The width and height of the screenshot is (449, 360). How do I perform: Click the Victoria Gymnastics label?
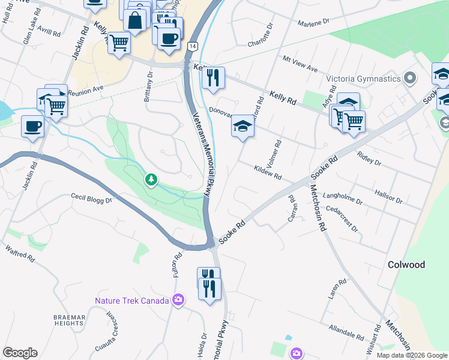(x=363, y=79)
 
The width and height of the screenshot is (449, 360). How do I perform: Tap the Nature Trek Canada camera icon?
(x=178, y=300)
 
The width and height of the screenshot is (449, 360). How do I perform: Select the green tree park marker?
(x=152, y=179)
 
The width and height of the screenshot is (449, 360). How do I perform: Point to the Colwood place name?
(x=406, y=265)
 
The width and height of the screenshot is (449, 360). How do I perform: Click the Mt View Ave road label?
(x=300, y=65)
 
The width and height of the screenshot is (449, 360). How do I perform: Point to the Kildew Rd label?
(x=268, y=173)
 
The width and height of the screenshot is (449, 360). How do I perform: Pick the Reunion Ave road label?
(x=86, y=90)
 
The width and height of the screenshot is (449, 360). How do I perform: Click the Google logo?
(x=20, y=353)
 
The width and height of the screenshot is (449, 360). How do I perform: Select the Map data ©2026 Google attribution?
(x=411, y=355)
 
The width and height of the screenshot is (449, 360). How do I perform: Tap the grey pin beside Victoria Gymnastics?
(x=410, y=79)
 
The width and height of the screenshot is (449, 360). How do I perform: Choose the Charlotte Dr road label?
(x=261, y=35)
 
